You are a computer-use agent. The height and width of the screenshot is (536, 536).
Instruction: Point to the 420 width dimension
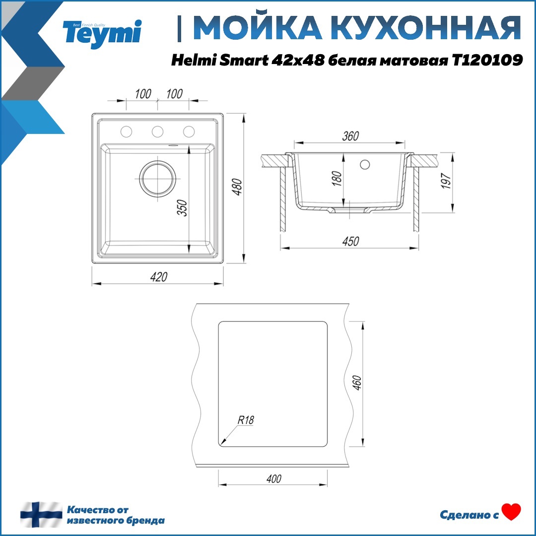tap(158, 276)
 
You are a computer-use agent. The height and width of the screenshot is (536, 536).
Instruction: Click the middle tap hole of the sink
tap(157, 131)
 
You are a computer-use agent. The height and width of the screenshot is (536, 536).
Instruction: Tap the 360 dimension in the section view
tap(350, 135)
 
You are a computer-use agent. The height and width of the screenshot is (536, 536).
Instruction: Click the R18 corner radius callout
tap(246, 420)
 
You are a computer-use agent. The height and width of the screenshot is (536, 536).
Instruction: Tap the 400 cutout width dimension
tap(273, 478)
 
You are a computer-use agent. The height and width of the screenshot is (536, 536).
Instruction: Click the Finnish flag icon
tap(41, 515)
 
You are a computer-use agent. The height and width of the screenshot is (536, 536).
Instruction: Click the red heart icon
tap(511, 512)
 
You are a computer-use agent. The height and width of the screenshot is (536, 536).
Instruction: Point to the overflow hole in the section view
tap(366, 164)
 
